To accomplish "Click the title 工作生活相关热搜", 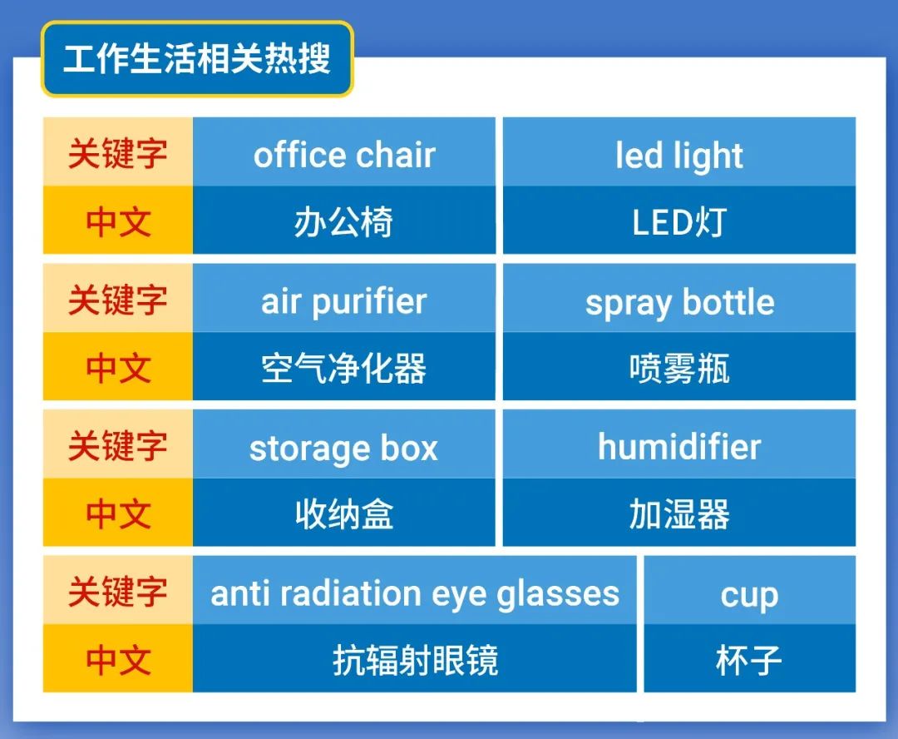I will tap(197, 60).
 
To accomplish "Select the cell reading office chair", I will tap(343, 155).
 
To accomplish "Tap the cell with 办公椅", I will tap(343, 221).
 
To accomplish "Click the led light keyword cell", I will tap(679, 155).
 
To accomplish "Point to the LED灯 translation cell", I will tap(679, 221).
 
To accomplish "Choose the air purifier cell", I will tap(343, 301).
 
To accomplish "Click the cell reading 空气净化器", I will tap(343, 368).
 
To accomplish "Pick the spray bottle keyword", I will tap(679, 301).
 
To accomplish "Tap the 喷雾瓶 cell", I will tap(679, 368).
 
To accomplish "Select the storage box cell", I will tap(343, 448).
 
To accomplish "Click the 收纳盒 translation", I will tap(343, 514).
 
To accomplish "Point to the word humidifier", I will tap(679, 448).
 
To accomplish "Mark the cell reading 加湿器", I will tap(679, 514).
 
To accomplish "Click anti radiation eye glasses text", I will tap(415, 594).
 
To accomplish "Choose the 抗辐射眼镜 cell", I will tap(415, 661).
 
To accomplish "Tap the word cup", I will tap(749, 594).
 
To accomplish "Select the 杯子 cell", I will tap(749, 661).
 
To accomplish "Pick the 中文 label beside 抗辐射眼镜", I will tap(117, 661).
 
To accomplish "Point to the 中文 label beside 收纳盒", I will tap(117, 514).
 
